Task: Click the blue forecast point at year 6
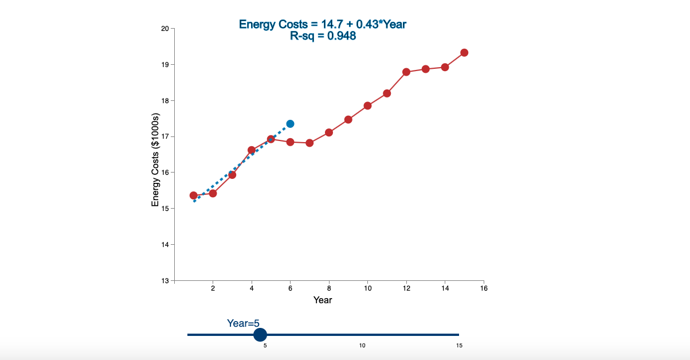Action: tap(290, 124)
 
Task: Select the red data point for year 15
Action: tap(464, 53)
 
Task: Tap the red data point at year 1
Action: tap(194, 195)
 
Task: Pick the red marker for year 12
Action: tap(406, 72)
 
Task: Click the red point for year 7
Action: tap(309, 143)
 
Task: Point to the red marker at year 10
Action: tap(367, 105)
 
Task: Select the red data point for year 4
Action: tap(251, 150)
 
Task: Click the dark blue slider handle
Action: tap(260, 335)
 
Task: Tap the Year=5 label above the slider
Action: tap(243, 323)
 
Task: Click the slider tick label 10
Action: tap(362, 346)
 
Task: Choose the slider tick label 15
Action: tap(459, 346)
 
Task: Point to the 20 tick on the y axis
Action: tap(164, 29)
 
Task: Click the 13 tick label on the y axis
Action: tap(164, 281)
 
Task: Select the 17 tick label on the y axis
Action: tap(164, 136)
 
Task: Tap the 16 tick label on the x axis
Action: tap(483, 288)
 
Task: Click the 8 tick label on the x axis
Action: tap(329, 288)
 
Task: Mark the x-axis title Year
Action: tap(323, 300)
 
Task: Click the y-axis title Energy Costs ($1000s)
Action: tap(155, 160)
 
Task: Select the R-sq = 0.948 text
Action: tap(323, 36)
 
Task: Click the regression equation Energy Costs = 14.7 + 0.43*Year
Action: tap(323, 24)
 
